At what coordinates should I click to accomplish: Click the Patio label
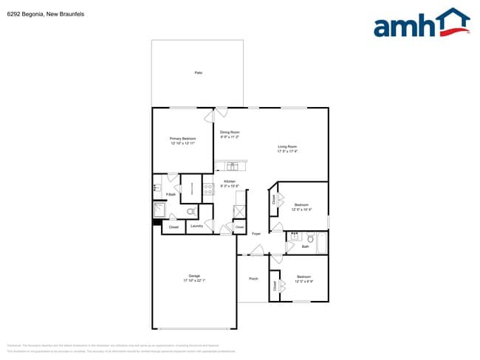coord(199,73)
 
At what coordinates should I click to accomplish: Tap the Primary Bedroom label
coord(182,138)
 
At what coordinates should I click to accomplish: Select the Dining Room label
coord(230,132)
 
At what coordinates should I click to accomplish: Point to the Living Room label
coord(287,147)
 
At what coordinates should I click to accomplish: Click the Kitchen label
coord(230,181)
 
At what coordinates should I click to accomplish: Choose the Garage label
coord(194,276)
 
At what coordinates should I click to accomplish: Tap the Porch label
coord(253,279)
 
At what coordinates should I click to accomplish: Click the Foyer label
coord(256,234)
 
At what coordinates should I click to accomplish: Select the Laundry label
coord(196,226)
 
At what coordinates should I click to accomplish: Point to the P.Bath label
coord(170,194)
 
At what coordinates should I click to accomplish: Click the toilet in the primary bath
coord(171,210)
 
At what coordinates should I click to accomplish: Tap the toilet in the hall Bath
coord(311,238)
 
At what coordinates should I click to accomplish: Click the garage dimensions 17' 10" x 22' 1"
coord(194,281)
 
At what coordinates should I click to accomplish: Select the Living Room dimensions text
coord(287,152)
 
